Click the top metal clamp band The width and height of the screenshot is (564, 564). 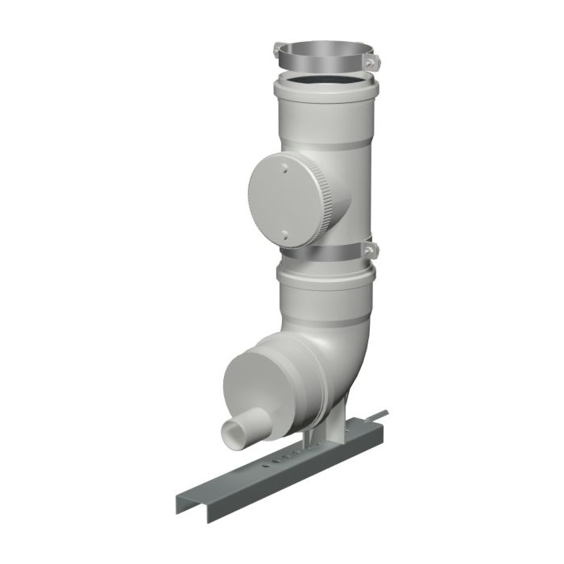tap(322, 61)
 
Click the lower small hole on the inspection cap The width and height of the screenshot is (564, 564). tap(284, 234)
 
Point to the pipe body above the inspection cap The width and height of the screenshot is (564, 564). tap(338, 141)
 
